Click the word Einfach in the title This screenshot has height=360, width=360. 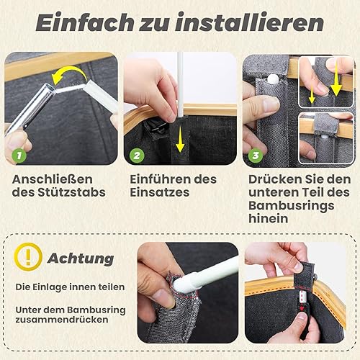(85, 22)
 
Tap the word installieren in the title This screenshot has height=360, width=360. (249, 22)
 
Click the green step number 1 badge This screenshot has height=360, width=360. (19, 156)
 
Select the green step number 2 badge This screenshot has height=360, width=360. (137, 156)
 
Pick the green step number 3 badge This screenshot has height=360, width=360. (256, 156)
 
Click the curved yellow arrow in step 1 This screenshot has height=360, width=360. (70, 71)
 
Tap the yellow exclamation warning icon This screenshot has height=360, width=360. (28, 257)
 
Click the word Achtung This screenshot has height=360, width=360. (81, 258)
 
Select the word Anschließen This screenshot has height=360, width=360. (53, 179)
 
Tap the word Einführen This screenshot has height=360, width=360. (160, 179)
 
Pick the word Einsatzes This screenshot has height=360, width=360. (160, 192)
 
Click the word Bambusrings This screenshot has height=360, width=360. (291, 205)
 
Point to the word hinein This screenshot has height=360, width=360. (268, 218)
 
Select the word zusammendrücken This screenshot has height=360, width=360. (62, 320)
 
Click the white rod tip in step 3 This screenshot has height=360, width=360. (272, 78)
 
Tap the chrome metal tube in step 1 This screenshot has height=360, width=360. (30, 108)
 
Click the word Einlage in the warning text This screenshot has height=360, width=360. (46, 287)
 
